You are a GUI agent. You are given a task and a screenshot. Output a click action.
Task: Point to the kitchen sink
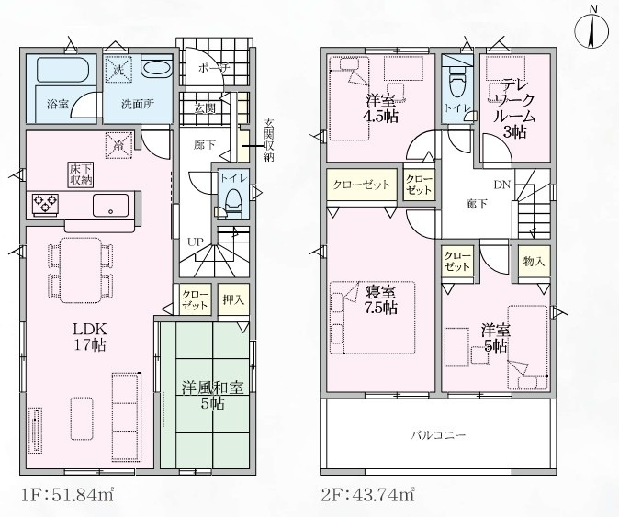(110, 205)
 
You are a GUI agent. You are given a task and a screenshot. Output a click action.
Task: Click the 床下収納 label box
(82, 174)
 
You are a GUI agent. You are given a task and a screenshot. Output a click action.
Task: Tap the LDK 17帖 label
(89, 336)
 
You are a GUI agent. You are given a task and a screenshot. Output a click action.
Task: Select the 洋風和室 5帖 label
(212, 396)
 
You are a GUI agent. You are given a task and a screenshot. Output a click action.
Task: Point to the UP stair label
(196, 242)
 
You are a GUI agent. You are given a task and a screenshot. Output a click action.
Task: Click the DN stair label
(502, 185)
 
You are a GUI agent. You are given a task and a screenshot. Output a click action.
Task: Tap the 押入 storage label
(233, 300)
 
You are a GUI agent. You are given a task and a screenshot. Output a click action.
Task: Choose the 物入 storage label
(534, 261)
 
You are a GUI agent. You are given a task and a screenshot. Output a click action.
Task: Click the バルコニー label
(439, 435)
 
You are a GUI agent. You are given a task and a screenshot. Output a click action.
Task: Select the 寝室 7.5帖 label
(380, 299)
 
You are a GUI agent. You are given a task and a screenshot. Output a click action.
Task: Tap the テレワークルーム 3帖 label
(515, 108)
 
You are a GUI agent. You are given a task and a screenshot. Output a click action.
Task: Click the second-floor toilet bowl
(458, 82)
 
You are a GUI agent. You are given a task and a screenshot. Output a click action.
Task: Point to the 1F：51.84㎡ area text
(67, 495)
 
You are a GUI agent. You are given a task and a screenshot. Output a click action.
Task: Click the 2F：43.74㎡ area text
(367, 495)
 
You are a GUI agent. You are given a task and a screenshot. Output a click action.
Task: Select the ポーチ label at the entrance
(214, 67)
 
